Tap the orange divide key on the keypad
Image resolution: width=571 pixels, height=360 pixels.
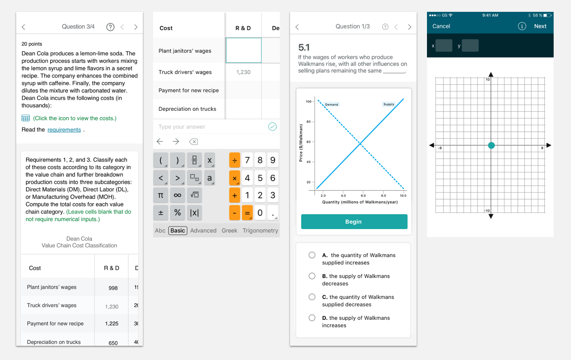pos(234,160)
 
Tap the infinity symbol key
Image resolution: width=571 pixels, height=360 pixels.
pos(178,195)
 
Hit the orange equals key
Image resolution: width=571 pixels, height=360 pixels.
pos(247,213)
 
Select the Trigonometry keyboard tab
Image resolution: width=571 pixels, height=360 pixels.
pos(260,231)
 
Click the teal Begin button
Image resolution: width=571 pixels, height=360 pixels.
pos(354,222)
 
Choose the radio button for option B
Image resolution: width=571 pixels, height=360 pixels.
pos(312,276)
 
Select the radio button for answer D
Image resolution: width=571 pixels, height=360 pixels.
pos(312,318)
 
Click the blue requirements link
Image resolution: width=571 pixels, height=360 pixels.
pos(64,130)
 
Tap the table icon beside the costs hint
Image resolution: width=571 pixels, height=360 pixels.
pos(26,118)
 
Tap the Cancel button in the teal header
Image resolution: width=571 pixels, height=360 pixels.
pos(441,26)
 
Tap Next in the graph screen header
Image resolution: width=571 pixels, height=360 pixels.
pos(540,26)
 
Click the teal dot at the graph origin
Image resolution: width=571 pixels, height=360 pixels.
pos(491,145)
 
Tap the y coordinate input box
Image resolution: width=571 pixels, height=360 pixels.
pos(470,46)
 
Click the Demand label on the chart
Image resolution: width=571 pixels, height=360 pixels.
pos(331,104)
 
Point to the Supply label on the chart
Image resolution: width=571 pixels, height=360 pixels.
pos(389,104)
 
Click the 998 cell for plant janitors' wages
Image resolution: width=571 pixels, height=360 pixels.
pos(113,288)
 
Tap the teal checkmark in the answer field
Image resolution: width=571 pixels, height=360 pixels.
pos(272,127)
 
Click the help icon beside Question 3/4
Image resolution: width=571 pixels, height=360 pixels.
pos(110,27)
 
